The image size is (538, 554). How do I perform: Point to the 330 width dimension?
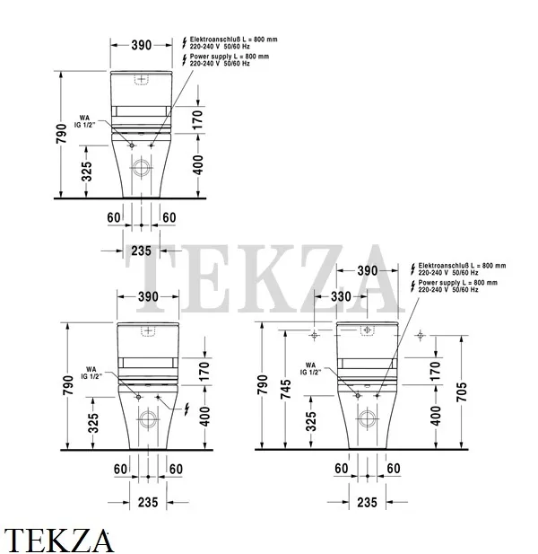[341, 296]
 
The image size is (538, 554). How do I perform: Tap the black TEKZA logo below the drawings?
[59, 540]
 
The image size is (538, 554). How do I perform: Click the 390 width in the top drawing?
[142, 43]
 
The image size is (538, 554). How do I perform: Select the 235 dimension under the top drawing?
[141, 251]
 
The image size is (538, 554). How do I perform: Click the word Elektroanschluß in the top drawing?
[214, 40]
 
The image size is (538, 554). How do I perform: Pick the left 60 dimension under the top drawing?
[114, 218]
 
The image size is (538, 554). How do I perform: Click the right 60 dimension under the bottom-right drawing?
[393, 468]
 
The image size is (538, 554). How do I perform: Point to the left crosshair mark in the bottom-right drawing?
[313, 336]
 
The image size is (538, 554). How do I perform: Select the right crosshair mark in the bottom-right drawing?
[420, 336]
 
